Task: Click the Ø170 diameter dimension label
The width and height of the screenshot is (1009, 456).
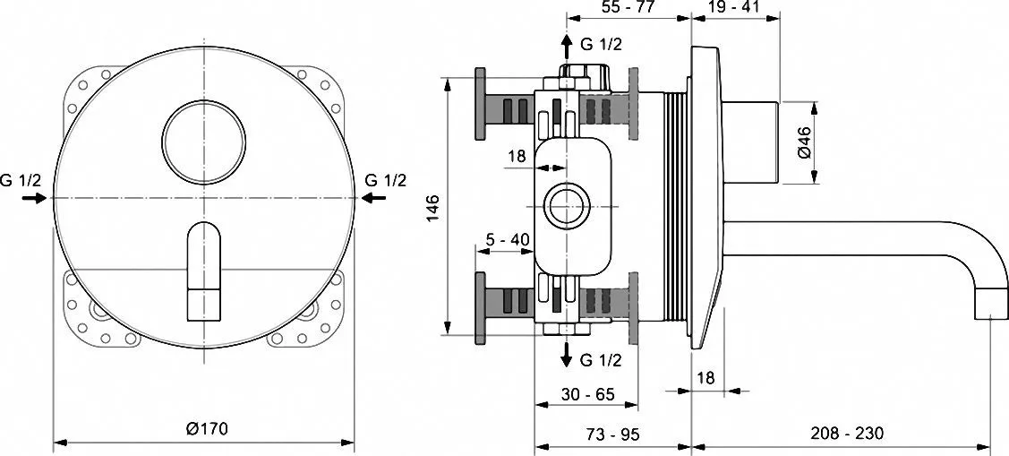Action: [207, 428]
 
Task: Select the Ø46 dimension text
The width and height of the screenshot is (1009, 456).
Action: [805, 142]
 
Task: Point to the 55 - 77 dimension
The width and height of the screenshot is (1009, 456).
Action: [628, 8]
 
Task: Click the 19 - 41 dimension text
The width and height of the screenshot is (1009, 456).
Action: [735, 8]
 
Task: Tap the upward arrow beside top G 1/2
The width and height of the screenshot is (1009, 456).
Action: [566, 47]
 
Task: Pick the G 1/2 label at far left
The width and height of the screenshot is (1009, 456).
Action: [21, 180]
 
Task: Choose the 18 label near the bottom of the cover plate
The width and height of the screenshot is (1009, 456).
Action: [706, 377]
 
